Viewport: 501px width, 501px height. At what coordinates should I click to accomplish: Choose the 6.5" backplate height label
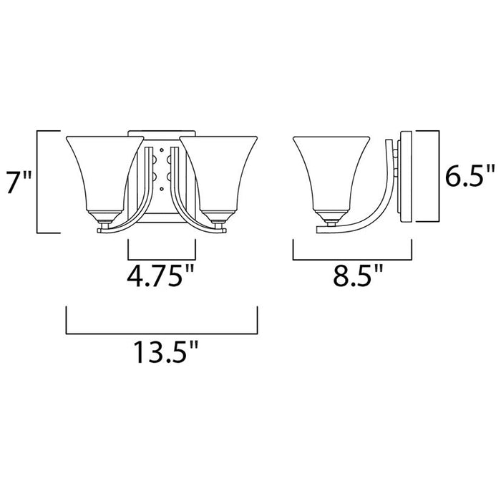(469, 175)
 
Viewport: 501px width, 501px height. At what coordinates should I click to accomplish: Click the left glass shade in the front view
(102, 172)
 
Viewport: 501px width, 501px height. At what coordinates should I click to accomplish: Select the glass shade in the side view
(331, 172)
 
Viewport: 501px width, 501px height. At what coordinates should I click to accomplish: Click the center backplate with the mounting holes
(161, 172)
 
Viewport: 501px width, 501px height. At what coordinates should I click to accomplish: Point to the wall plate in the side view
(405, 177)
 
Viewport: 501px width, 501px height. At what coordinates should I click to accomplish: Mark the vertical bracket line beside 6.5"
(437, 175)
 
